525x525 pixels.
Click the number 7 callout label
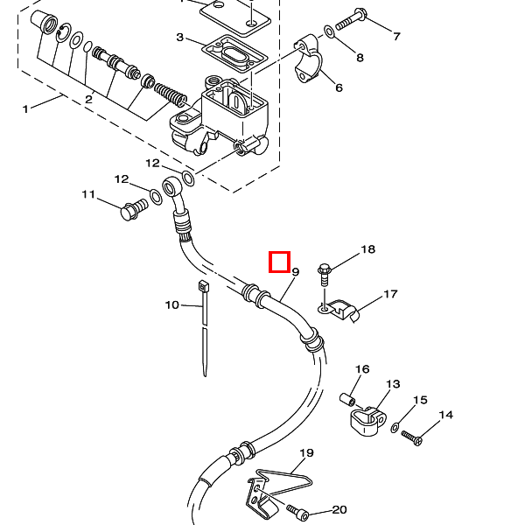[x=396, y=37]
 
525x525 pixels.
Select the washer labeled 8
[x=329, y=32]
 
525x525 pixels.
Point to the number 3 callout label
[x=180, y=38]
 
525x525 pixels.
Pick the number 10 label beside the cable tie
[x=171, y=304]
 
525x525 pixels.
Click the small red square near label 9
[x=278, y=262]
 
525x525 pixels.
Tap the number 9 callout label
[x=296, y=273]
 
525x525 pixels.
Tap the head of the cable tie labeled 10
[x=203, y=288]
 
